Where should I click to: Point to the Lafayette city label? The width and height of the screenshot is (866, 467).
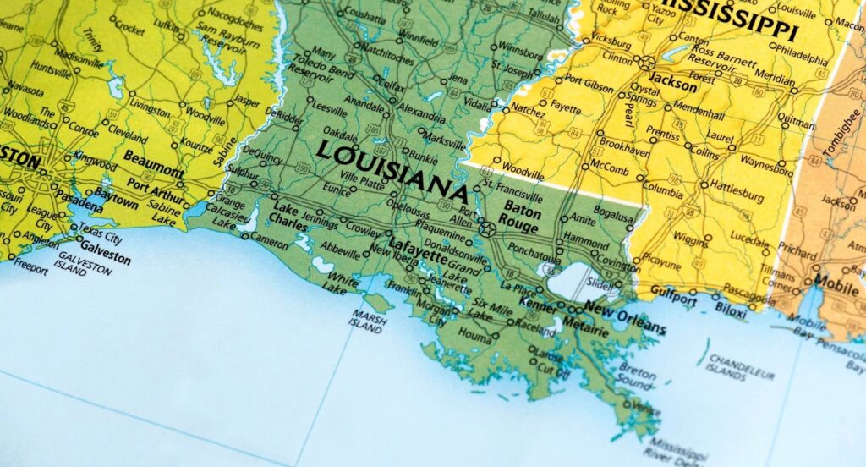click(417, 245)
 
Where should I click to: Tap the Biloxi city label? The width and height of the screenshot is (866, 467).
click(732, 310)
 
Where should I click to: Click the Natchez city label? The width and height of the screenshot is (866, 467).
click(528, 111)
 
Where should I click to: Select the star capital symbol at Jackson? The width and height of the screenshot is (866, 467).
click(647, 62)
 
